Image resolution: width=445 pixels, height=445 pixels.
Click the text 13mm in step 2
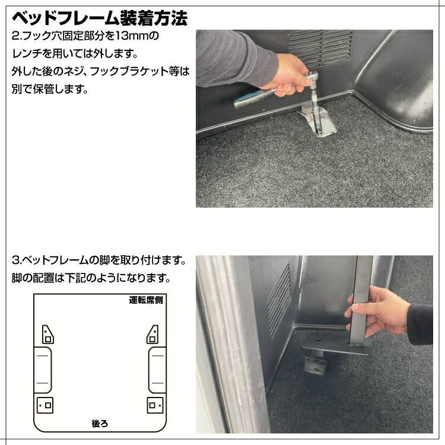pyautogui.click(x=138, y=36)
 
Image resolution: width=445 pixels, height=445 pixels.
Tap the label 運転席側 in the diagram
pyautogui.click(x=146, y=300)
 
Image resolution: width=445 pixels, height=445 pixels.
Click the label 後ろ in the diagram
pyautogui.click(x=100, y=424)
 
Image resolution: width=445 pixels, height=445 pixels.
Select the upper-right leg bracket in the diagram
pyautogui.click(x=152, y=334)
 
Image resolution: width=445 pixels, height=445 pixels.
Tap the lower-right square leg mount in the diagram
pyautogui.click(x=154, y=405)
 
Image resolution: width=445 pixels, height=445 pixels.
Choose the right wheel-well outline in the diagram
pyautogui.click(x=157, y=368)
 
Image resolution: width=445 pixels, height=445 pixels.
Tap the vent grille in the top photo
pyautogui.click(x=320, y=48)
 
